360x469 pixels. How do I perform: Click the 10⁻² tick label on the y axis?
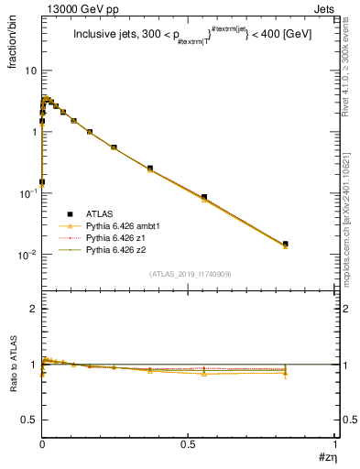click(x=27, y=254)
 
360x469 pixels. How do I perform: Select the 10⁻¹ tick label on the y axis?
click(x=27, y=193)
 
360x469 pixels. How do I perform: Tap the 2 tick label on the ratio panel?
click(x=34, y=309)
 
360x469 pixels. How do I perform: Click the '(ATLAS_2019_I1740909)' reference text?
click(x=190, y=274)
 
